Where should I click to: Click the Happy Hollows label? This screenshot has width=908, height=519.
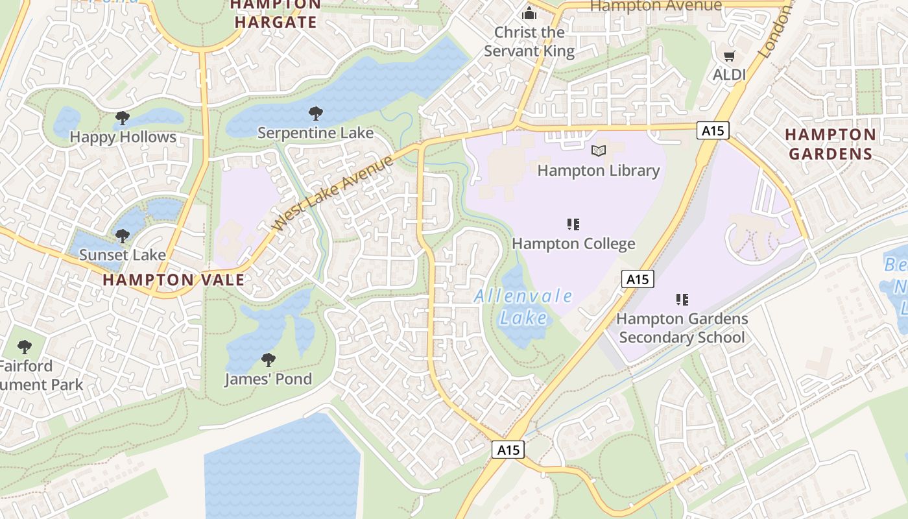coord(123,137)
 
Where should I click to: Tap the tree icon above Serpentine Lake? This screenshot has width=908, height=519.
coord(316,114)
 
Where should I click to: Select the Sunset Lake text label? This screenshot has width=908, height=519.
coord(122,255)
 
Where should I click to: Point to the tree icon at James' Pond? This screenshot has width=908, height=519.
coord(268,360)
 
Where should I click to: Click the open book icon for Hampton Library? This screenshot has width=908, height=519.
coord(598,151)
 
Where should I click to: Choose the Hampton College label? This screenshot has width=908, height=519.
coord(573,244)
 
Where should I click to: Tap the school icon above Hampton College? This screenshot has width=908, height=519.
coord(573,225)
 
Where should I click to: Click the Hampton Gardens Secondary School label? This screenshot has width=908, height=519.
coord(682,328)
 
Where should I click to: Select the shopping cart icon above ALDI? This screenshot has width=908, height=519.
coord(730,56)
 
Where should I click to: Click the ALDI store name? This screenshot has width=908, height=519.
coord(730,75)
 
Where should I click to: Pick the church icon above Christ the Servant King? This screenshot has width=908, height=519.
coord(529,13)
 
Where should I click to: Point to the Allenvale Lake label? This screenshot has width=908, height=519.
coord(523,307)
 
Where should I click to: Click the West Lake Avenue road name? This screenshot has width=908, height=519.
coord(333,193)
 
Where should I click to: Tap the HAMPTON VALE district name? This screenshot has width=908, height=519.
coord(174,280)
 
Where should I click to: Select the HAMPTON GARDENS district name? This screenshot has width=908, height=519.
coord(830,144)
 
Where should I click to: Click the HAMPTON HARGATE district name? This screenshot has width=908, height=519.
coord(276,14)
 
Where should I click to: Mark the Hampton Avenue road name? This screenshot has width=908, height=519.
coord(656,6)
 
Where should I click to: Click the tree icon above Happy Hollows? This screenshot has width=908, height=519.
coord(122,118)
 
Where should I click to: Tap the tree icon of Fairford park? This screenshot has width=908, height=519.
coord(25,347)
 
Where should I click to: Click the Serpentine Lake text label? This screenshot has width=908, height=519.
coord(316,133)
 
